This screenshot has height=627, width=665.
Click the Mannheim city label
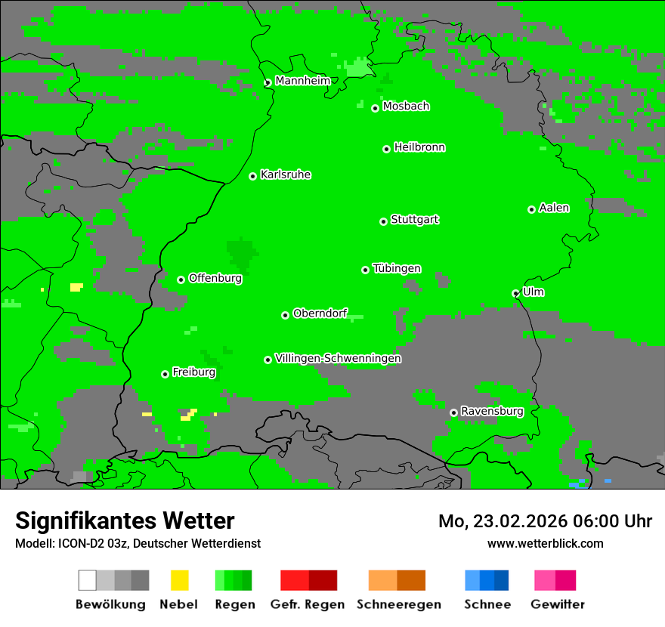pyautogui.click(x=302, y=81)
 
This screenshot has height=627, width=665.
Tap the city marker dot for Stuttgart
pyautogui.click(x=383, y=221)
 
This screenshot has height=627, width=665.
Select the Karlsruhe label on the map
pyautogui.click(x=285, y=175)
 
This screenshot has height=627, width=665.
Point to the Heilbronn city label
pyautogui.click(x=419, y=147)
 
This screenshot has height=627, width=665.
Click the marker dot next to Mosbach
pyautogui.click(x=375, y=108)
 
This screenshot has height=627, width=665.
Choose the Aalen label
pyautogui.click(x=554, y=208)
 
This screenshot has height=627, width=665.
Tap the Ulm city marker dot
pyautogui.click(x=515, y=293)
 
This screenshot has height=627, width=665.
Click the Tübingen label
pyautogui.click(x=397, y=268)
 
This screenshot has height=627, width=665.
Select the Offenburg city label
pyautogui.click(x=215, y=278)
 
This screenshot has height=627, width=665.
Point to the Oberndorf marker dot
pyautogui.click(x=285, y=315)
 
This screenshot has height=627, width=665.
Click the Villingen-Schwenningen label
pyautogui.click(x=338, y=358)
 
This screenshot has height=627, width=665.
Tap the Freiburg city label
pyautogui.click(x=193, y=372)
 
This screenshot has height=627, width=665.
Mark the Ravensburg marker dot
pyautogui.click(x=453, y=412)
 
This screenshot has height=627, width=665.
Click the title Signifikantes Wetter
pyautogui.click(x=125, y=520)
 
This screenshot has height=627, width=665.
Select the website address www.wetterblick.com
pyautogui.click(x=545, y=543)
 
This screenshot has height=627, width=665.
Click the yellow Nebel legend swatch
pyautogui.click(x=179, y=580)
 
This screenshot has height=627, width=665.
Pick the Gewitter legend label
pyautogui.click(x=557, y=604)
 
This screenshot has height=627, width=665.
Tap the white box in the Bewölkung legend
pyautogui.click(x=87, y=580)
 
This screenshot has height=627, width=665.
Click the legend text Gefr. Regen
pyautogui.click(x=307, y=604)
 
